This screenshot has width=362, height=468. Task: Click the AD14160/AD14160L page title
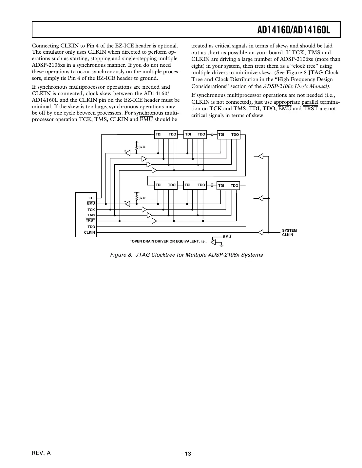pyautogui.click(x=293, y=30)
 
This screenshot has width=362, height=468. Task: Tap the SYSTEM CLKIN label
pyautogui.click(x=289, y=233)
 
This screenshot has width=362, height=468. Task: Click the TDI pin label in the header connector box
pyautogui.click(x=92, y=198)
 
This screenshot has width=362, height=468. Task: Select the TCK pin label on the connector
pyautogui.click(x=91, y=210)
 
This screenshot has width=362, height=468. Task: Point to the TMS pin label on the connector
pyautogui.click(x=91, y=215)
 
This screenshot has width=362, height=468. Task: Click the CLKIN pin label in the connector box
pyautogui.click(x=89, y=232)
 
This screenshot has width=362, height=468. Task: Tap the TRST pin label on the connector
pyautogui.click(x=90, y=220)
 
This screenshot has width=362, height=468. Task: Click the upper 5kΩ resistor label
pyautogui.click(x=142, y=147)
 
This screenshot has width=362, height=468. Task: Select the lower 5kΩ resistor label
pyautogui.click(x=142, y=198)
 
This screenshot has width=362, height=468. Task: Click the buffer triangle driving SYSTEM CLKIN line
pyautogui.click(x=261, y=232)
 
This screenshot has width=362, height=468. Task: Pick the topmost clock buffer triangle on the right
pyautogui.click(x=261, y=156)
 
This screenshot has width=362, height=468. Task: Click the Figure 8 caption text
pyautogui.click(x=186, y=255)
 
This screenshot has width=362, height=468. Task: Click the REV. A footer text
pyautogui.click(x=41, y=453)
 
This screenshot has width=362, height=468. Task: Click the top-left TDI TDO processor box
pyautogui.click(x=166, y=135)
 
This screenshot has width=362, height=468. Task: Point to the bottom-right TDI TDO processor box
pyautogui.click(x=228, y=186)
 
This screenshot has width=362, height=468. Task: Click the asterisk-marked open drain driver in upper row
pyautogui.click(x=127, y=153)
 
